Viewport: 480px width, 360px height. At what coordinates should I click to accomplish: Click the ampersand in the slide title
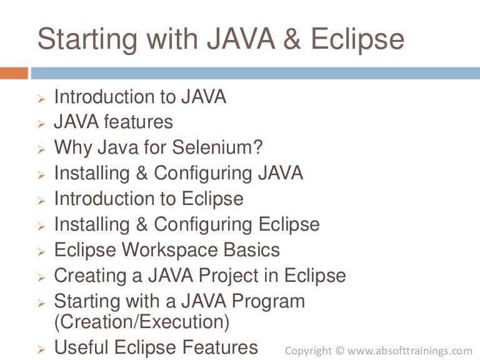(x=292, y=39)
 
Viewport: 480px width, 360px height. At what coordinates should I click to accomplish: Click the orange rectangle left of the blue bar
(x=14, y=73)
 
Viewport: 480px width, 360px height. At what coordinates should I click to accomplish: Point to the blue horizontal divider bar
(x=255, y=73)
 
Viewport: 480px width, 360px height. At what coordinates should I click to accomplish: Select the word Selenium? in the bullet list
(x=217, y=147)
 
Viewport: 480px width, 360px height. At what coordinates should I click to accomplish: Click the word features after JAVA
(x=138, y=121)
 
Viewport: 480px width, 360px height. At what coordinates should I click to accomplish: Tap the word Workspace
(x=170, y=251)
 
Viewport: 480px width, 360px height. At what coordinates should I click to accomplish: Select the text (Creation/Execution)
(x=141, y=322)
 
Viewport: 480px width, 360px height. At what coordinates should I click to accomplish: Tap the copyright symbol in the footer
(x=339, y=350)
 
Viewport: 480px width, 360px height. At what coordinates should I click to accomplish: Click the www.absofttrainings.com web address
(x=409, y=351)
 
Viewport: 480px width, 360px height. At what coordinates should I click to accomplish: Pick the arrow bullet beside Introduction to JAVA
(x=41, y=99)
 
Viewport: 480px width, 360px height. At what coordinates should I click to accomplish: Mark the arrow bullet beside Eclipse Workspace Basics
(x=41, y=252)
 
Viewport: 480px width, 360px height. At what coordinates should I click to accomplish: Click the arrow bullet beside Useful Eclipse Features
(x=41, y=349)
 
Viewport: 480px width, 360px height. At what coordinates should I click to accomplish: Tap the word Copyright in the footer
(x=308, y=351)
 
